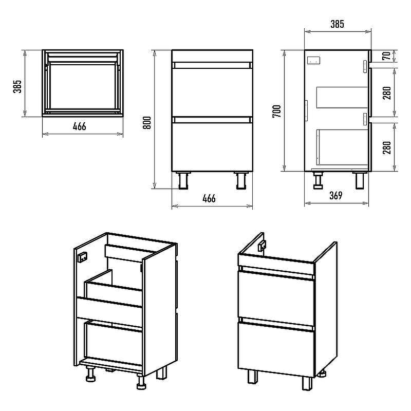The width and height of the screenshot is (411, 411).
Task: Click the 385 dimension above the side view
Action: coord(337,24)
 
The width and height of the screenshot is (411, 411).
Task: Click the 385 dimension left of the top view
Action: coord(17,86)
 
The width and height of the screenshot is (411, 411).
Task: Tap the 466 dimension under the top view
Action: coord(79,126)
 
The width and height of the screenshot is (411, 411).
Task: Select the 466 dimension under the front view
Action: coord(209,198)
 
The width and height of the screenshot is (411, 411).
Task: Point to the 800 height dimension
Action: coord(147,123)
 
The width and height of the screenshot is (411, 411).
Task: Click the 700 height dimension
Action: coord(277,111)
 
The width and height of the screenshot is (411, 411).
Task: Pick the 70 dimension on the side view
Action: coord(387,56)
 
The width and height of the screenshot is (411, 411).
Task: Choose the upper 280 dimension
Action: coord(387,93)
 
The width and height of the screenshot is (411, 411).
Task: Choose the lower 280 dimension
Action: coord(387,147)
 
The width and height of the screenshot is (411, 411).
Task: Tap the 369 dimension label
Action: coord(336,195)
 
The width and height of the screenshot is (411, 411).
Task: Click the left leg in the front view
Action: coord(183,180)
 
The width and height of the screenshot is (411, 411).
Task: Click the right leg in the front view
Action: coord(241,180)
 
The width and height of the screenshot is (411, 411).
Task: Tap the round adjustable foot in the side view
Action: coord(318,180)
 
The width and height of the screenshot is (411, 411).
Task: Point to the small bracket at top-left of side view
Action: coord(314,61)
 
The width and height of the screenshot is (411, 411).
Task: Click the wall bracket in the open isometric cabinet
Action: coord(83,257)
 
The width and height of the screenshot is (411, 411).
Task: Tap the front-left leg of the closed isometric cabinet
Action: coord(252,377)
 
